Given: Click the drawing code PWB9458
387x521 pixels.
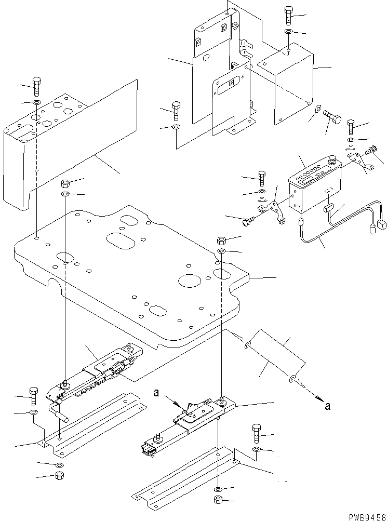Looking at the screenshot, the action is click(367, 517).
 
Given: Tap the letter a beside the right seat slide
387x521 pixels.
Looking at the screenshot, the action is click(156, 393).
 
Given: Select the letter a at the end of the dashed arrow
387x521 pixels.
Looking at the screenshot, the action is click(328, 406).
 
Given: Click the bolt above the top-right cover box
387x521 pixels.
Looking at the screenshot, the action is click(288, 15).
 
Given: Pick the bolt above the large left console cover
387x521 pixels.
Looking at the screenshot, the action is click(36, 86).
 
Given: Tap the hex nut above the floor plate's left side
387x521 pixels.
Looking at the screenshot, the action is click(65, 183).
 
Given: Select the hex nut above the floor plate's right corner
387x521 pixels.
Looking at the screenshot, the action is click(221, 240).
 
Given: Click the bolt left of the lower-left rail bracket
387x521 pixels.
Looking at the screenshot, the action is click(34, 396).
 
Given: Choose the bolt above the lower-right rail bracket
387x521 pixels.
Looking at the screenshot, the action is click(257, 433).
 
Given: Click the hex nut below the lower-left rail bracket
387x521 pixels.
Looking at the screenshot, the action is click(60, 475).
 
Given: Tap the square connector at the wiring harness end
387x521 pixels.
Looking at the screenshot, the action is click(382, 225).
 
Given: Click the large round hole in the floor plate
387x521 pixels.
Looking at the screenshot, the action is click(190, 280).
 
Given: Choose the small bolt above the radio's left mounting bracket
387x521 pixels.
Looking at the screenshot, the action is click(262, 178).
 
